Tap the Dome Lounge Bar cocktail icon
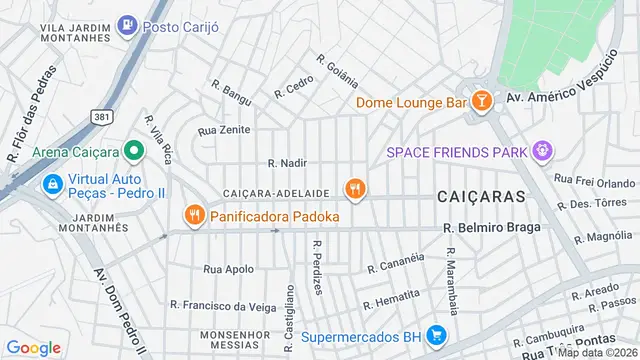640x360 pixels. tap(482, 101)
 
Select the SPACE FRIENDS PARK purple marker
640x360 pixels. tap(543, 152)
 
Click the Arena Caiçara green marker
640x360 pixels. tap(133, 152)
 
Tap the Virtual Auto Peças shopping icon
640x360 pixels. tap(51, 184)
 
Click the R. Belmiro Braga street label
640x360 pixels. tap(492, 227)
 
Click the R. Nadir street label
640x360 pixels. tap(286, 162)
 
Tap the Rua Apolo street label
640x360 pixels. tap(228, 269)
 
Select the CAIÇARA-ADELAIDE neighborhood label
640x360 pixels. tap(277, 191)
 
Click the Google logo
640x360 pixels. tap(33, 347)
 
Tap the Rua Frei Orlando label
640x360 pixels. tap(594, 182)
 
